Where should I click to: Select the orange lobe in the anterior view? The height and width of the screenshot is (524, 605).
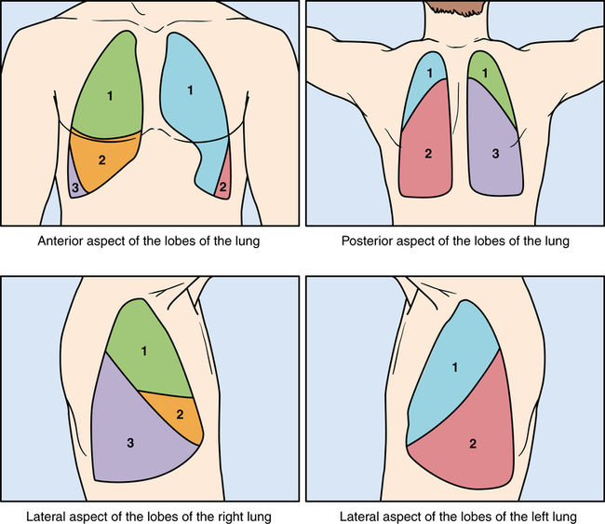[104, 160]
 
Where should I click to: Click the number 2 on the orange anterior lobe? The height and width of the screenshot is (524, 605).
[102, 160]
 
